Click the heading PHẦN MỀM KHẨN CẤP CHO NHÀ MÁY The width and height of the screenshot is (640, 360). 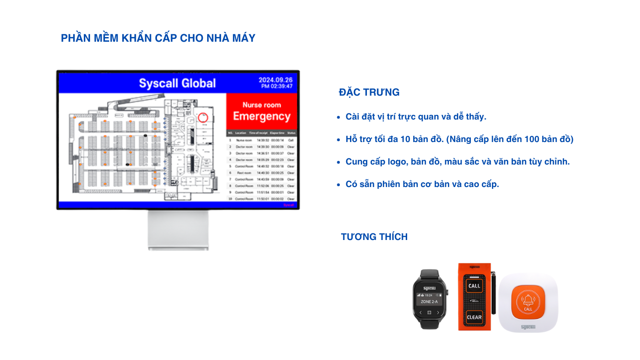pyautogui.click(x=158, y=38)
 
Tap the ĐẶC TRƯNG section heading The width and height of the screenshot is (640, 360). pyautogui.click(x=369, y=92)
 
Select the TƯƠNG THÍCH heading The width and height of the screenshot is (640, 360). pyautogui.click(x=374, y=237)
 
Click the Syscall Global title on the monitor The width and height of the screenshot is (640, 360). pyautogui.click(x=177, y=83)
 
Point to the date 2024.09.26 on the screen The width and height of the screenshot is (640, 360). pyautogui.click(x=275, y=80)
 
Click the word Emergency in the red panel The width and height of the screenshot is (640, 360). pyautogui.click(x=261, y=116)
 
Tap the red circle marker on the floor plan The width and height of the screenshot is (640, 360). pyautogui.click(x=203, y=117)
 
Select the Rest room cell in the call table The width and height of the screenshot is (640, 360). pyautogui.click(x=244, y=173)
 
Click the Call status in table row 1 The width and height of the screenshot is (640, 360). pyautogui.click(x=291, y=140)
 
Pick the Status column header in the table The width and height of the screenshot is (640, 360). pyautogui.click(x=291, y=133)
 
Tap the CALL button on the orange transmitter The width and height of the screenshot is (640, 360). pyautogui.click(x=474, y=285)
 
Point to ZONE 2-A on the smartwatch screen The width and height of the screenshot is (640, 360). pyautogui.click(x=429, y=302)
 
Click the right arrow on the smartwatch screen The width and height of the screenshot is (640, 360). pyautogui.click(x=438, y=312)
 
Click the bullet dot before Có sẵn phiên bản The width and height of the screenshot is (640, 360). pyautogui.click(x=339, y=185)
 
